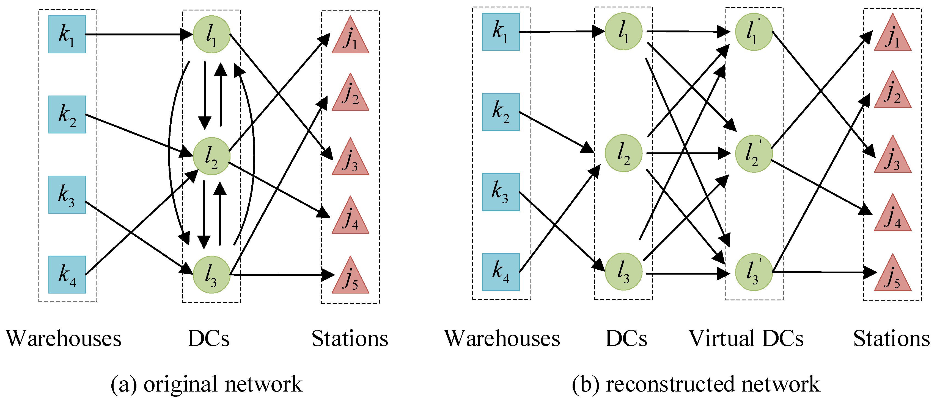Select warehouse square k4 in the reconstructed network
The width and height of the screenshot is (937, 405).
pos(501,272)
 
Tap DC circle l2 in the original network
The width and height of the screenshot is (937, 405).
pos(211,156)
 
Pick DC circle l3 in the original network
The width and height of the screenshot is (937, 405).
pos(211,275)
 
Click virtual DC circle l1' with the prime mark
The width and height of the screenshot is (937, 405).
pos(753,32)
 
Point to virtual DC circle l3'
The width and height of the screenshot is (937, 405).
pos(753,272)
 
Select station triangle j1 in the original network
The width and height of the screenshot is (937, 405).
pos(350,38)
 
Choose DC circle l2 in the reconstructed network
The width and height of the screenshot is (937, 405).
pos(623,153)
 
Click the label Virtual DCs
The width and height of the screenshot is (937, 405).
pos(746,339)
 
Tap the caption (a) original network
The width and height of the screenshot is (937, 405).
pos(206,384)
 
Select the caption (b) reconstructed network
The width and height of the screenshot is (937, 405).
pos(696,384)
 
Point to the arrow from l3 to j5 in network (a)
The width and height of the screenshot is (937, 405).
pos(280,275)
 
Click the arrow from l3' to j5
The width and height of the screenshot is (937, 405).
pos(822,272)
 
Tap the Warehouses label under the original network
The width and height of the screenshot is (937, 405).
pos(64,339)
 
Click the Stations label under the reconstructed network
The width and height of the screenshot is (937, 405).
pos(891,339)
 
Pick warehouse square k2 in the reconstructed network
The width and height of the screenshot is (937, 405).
pos(501,112)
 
